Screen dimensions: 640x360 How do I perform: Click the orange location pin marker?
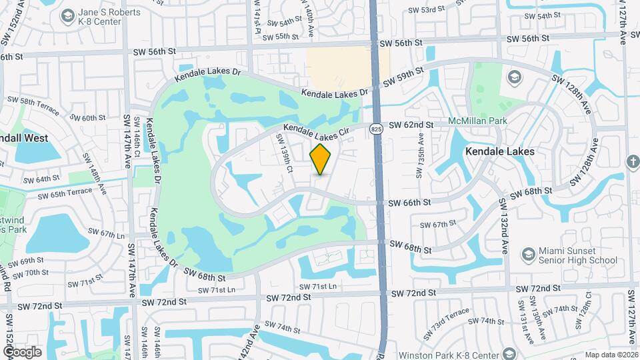[321, 159]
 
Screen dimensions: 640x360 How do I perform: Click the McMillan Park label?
[478, 121]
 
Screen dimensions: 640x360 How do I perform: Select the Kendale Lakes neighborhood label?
[500, 152]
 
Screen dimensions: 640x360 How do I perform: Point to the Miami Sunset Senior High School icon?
[528, 255]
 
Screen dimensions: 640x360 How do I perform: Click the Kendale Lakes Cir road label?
[316, 130]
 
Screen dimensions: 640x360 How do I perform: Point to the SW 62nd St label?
[411, 125]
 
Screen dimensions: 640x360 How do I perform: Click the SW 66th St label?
[410, 202]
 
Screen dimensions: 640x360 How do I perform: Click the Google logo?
[22, 351]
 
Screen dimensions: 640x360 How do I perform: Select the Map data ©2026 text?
[611, 355]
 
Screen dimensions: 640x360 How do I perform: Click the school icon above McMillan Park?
[515, 78]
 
